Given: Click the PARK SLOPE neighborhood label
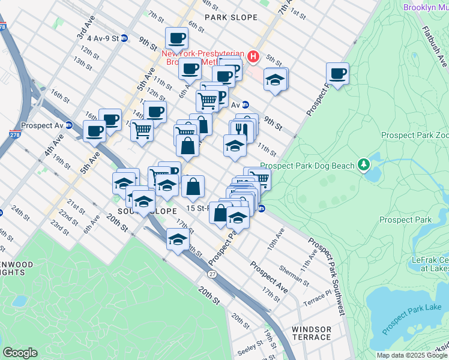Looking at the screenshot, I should pyautogui.click(x=231, y=17).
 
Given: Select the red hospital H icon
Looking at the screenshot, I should pyautogui.click(x=253, y=57).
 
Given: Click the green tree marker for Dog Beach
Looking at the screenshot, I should pyautogui.click(x=363, y=164).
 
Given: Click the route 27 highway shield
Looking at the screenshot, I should pyautogui.click(x=212, y=274).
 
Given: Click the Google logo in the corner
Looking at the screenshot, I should pyautogui.click(x=20, y=352).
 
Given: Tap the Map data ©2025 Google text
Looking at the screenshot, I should pyautogui.click(x=411, y=355).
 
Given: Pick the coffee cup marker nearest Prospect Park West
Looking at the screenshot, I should pyautogui.click(x=337, y=74).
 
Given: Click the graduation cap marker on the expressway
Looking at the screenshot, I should pyautogui.click(x=178, y=239).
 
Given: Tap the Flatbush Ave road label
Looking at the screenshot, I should pyautogui.click(x=434, y=46).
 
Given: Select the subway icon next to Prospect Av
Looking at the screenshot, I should pyautogui.click(x=69, y=126).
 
